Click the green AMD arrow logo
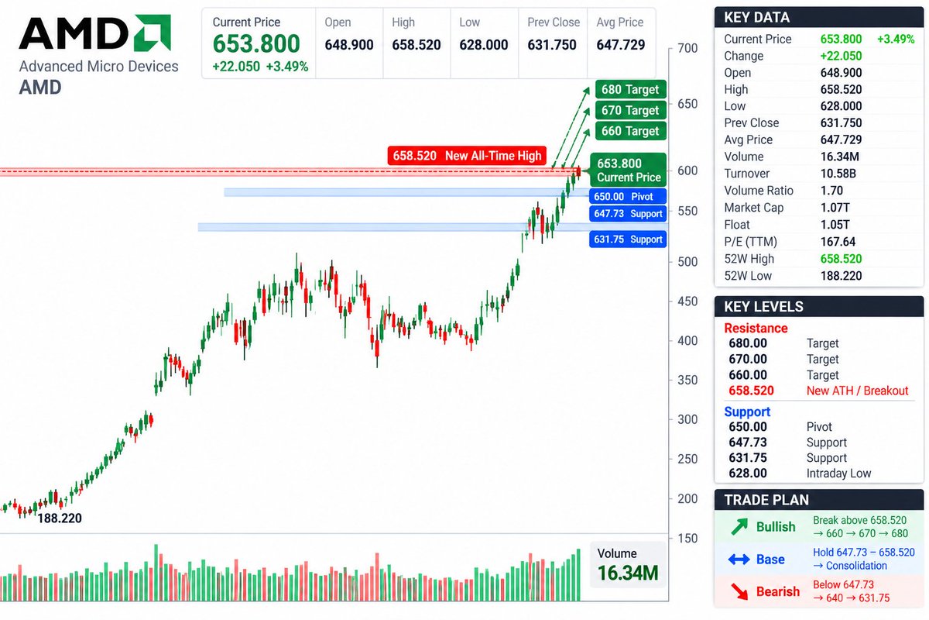pos(153,33)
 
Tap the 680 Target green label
pos(630,89)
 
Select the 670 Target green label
pos(630,110)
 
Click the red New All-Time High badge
pos(467,156)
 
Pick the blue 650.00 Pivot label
pos(628,196)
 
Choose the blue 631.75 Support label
pos(628,239)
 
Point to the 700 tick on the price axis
pos(687,48)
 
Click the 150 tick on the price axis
pos(687,538)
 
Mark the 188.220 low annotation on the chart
pos(60,518)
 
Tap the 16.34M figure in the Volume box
pos(628,573)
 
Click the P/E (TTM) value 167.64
pos(838,242)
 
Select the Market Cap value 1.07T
pos(835,208)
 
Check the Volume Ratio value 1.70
pos(831,191)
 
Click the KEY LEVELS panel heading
pos(763,306)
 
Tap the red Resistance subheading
pos(756,328)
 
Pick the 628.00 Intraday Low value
pos(748,473)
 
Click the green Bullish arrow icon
pos(739,526)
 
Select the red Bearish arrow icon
pos(739,591)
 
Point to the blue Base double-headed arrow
pos(739,560)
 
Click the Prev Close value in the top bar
pos(551,44)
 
